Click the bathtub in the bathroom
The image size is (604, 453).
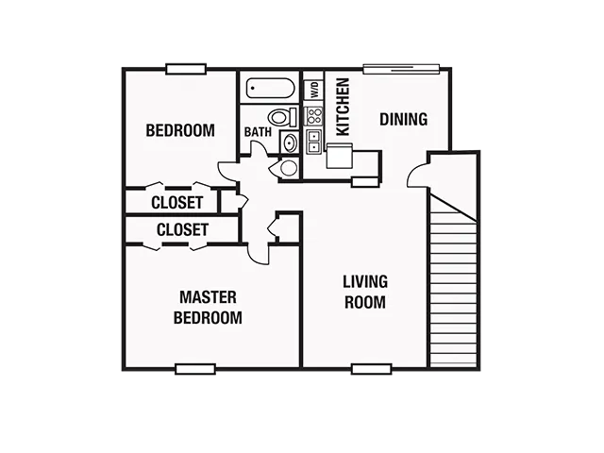[x=271, y=88]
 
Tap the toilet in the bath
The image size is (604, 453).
[x=283, y=117]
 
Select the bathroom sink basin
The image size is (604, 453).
[x=290, y=143]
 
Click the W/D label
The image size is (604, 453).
[x=315, y=90]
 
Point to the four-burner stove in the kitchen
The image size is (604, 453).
[x=313, y=116]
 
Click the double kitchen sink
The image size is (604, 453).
[x=314, y=142]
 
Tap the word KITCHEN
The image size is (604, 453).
[x=343, y=107]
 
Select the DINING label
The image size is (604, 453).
[x=403, y=119]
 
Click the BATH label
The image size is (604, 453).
[x=258, y=132]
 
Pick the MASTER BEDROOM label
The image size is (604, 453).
[x=208, y=308]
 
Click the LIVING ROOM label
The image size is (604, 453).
[x=365, y=292]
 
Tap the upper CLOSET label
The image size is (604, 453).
[x=177, y=202]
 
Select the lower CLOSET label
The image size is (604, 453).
[x=182, y=229]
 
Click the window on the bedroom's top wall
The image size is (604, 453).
[x=186, y=69]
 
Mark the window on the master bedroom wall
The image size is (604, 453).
[x=195, y=369]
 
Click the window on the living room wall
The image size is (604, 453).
[x=371, y=369]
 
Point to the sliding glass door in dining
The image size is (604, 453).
[x=401, y=69]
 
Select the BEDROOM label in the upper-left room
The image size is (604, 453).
[x=180, y=130]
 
